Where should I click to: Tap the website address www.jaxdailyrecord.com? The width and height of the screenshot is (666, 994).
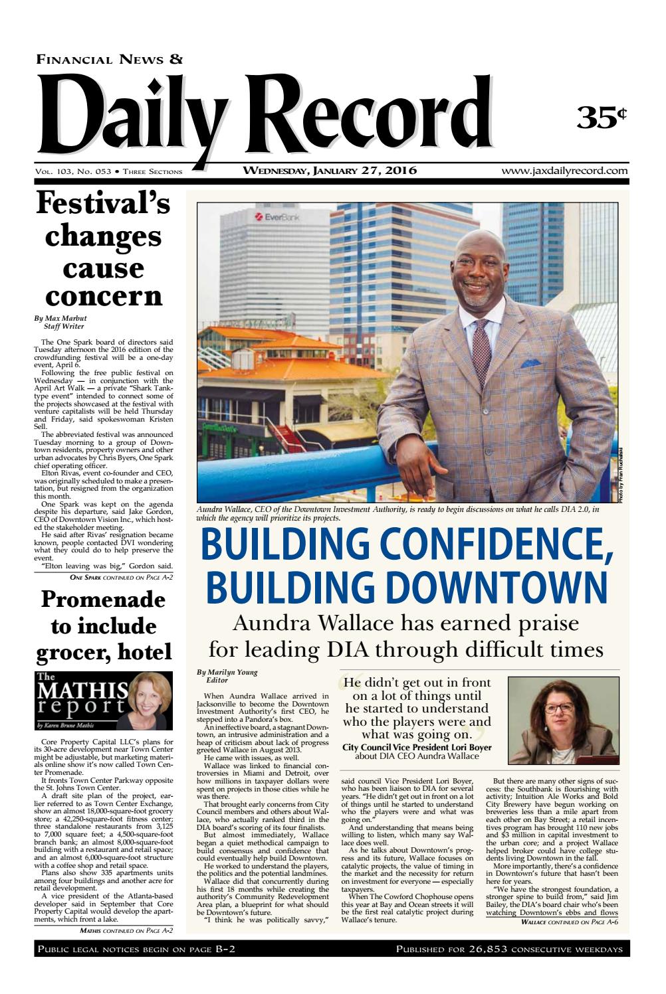[x=564, y=171]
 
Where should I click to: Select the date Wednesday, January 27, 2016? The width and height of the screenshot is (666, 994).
[x=330, y=171]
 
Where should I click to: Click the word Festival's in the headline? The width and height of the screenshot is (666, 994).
[x=103, y=203]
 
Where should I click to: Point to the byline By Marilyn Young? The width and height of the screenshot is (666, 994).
[x=228, y=672]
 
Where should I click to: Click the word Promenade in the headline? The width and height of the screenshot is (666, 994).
[x=103, y=600]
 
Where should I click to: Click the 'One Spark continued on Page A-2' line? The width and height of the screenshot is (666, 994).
[x=122, y=577]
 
